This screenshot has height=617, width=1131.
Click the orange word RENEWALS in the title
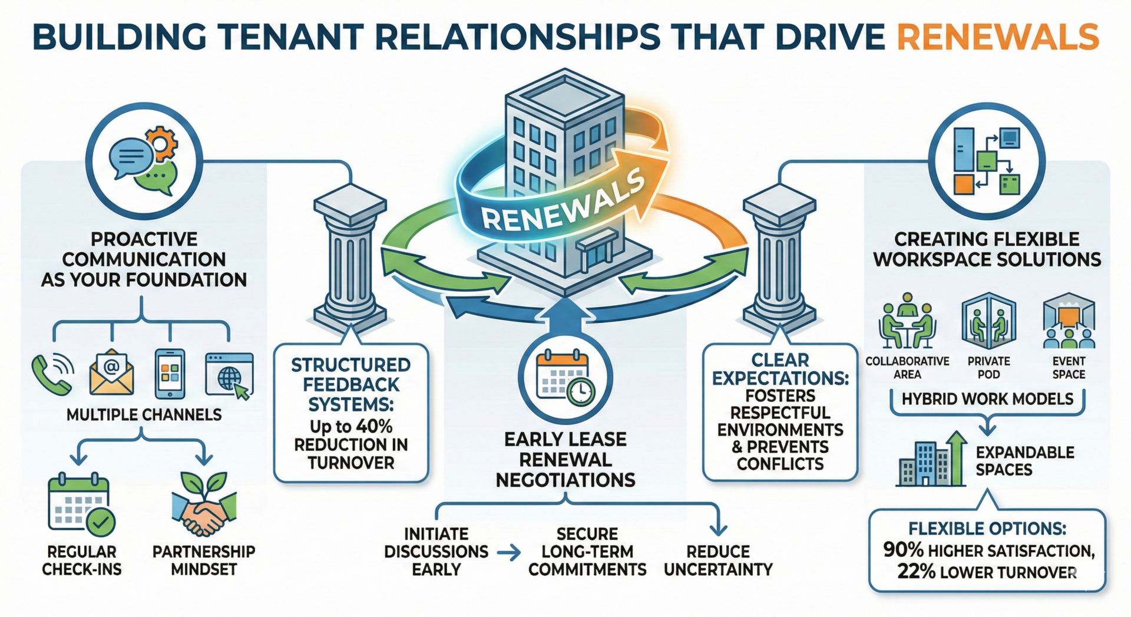[997, 37]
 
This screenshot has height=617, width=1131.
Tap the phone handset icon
[52, 375]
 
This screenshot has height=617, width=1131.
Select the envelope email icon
[111, 373]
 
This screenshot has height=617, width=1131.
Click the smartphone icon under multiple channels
[170, 374]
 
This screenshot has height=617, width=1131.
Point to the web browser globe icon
[230, 376]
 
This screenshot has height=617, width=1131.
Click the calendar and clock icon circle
[565, 378]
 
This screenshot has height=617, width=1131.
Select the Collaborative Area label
[907, 368]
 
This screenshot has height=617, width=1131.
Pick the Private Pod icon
[988, 322]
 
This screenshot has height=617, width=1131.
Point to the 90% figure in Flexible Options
[903, 550]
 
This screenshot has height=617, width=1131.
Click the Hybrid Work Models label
[987, 399]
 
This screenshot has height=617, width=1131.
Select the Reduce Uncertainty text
[718, 560]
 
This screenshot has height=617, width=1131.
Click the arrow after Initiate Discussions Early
[508, 553]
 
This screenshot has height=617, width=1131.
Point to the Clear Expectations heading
[781, 369]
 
